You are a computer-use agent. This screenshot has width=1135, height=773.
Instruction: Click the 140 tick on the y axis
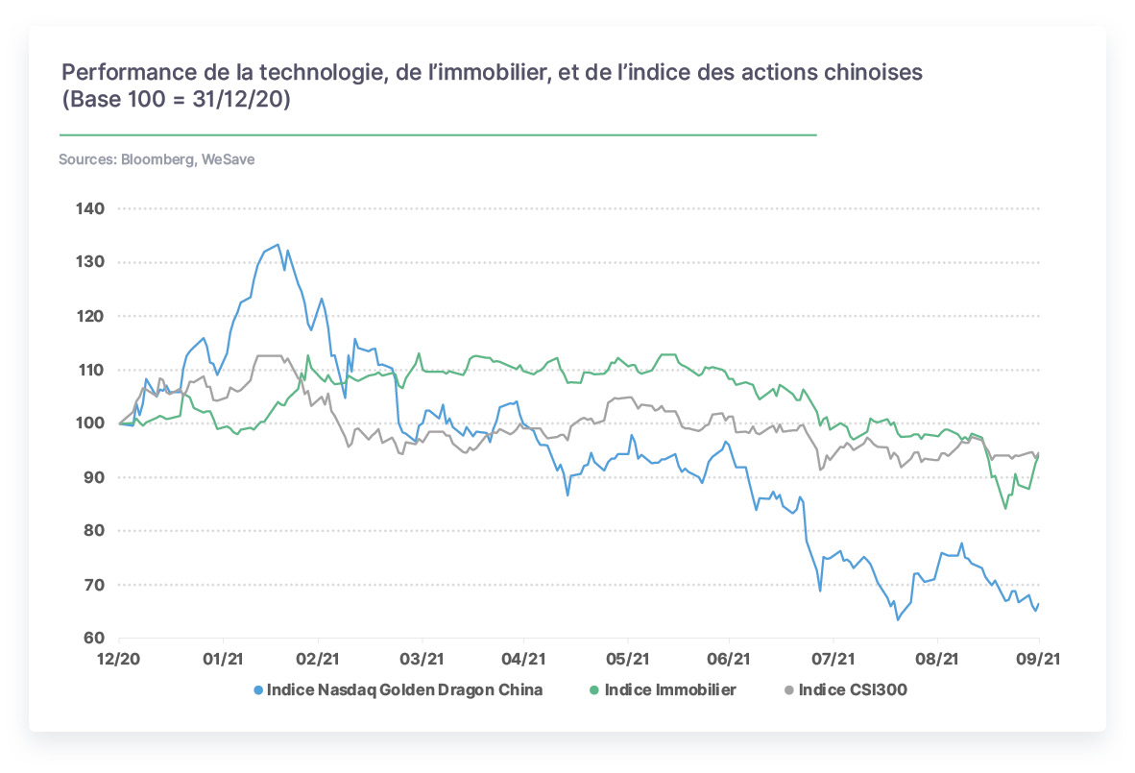[90, 208]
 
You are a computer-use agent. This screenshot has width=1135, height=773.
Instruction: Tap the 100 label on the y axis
[90, 423]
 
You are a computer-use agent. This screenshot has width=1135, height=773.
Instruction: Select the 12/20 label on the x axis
[119, 659]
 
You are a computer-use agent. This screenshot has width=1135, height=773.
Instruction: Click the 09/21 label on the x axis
[1039, 659]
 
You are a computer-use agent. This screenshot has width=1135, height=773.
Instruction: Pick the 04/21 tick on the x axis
[523, 659]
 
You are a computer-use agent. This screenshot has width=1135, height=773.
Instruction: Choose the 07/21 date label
[833, 659]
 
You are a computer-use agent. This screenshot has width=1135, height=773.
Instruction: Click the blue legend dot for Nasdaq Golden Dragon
[258, 690]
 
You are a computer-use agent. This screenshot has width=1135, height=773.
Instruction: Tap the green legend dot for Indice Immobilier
[595, 690]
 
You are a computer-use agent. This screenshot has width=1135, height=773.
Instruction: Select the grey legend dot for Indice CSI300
[789, 690]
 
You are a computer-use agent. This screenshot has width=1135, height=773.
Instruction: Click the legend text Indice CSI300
[853, 689]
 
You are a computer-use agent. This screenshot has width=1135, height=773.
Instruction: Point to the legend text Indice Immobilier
[670, 689]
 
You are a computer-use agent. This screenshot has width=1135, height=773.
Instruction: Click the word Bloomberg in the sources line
[157, 160]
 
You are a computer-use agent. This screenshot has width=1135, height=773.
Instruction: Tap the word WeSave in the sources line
[228, 159]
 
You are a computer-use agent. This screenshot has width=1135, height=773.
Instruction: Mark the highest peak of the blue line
[278, 245]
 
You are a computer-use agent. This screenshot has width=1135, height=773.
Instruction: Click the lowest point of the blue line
[898, 619]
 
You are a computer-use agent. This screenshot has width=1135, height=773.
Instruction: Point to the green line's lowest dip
[1005, 508]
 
